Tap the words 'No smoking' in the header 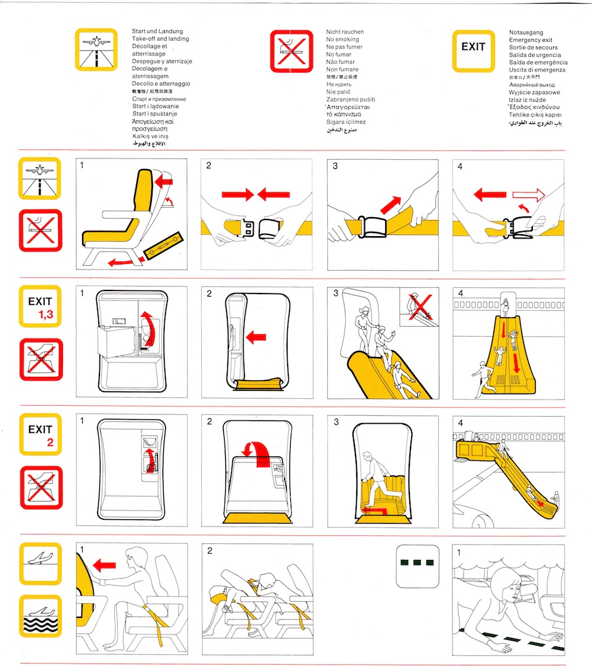click(x=343, y=39)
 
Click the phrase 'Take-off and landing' click(x=161, y=39)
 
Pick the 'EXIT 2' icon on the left click(x=41, y=435)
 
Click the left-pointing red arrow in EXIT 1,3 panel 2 click(x=256, y=337)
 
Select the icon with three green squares click(x=417, y=564)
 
